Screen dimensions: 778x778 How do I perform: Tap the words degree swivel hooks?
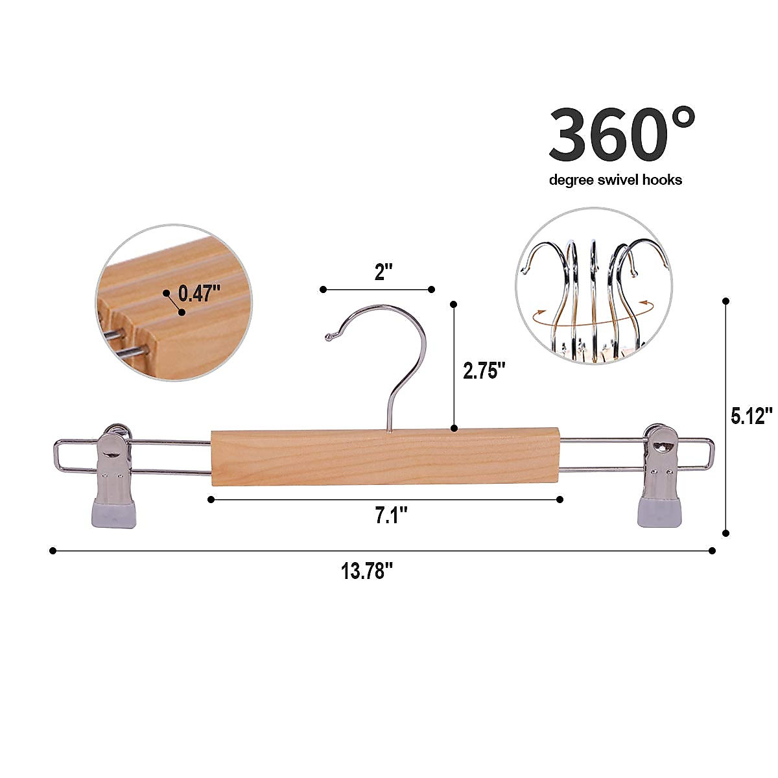click(615, 180)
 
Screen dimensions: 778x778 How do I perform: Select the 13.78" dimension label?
click(368, 572)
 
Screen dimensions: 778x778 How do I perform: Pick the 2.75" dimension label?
click(484, 371)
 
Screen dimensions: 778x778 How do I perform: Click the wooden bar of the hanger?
click(385, 456)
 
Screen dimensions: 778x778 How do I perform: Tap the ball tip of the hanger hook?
click(328, 336)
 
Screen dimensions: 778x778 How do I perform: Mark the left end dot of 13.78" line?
click(53, 550)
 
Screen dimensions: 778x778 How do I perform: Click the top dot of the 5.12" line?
click(725, 301)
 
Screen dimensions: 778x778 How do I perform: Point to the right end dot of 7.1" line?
click(560, 499)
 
